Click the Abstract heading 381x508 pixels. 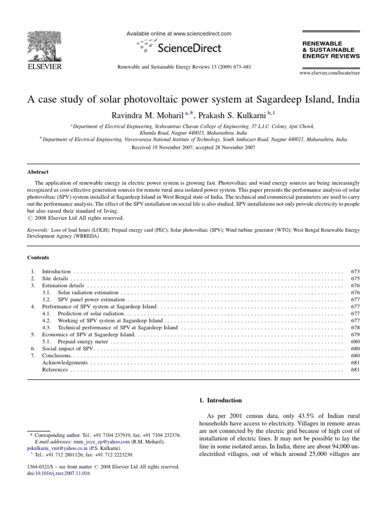(38, 172)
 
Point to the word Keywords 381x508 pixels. (38, 231)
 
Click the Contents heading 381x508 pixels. (38, 257)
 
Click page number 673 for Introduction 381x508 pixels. (354, 272)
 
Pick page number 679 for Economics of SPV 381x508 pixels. (354, 335)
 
